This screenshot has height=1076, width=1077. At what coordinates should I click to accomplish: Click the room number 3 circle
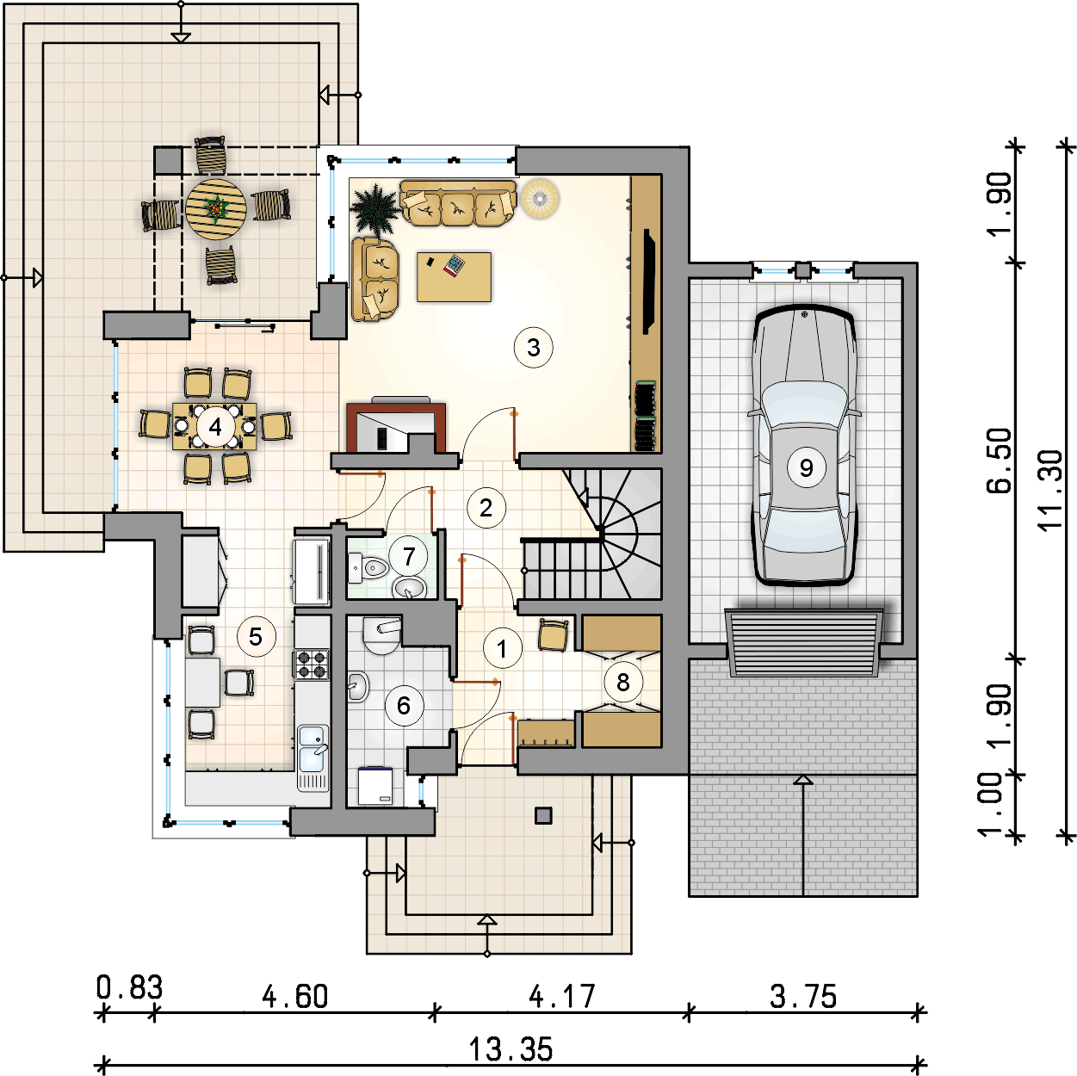coord(533,347)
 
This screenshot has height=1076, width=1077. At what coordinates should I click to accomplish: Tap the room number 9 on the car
coord(805,467)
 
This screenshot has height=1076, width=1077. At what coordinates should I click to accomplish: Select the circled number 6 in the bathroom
coord(404,705)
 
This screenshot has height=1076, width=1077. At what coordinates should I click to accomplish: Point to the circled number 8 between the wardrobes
coord(622,682)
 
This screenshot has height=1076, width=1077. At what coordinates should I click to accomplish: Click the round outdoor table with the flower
coord(216,209)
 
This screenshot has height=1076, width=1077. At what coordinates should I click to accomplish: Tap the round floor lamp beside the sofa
coord(540,198)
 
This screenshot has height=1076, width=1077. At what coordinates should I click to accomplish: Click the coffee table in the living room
coord(454,276)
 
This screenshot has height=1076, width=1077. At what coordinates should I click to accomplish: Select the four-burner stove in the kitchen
coord(312,664)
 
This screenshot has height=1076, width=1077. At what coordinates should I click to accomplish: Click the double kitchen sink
coord(313,758)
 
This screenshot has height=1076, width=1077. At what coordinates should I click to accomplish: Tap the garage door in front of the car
coord(804,642)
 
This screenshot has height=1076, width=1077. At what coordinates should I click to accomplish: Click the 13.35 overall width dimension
coord(511,1049)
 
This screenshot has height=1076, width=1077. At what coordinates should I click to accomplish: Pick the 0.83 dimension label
coord(130,987)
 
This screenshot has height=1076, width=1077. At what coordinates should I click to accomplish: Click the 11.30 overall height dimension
coord(1049,490)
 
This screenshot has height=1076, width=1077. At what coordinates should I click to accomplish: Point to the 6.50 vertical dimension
coord(999,461)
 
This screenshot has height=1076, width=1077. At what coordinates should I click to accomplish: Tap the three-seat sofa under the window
coord(458,203)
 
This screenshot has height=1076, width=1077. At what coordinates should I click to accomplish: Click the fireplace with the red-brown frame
coord(396,427)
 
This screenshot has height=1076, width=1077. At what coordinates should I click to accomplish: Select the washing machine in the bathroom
coord(375,786)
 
